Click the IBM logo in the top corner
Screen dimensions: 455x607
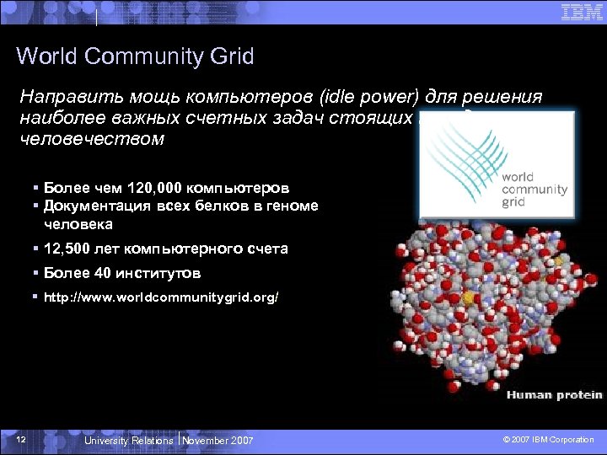pos(582,12)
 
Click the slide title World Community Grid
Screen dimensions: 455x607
pos(135,57)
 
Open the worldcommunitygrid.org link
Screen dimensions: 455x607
pos(160,297)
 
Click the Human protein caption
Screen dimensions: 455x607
pos(554,394)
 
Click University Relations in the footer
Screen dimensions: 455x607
pos(129,441)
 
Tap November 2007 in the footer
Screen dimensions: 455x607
pos(218,441)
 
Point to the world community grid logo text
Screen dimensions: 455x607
pos(534,190)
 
